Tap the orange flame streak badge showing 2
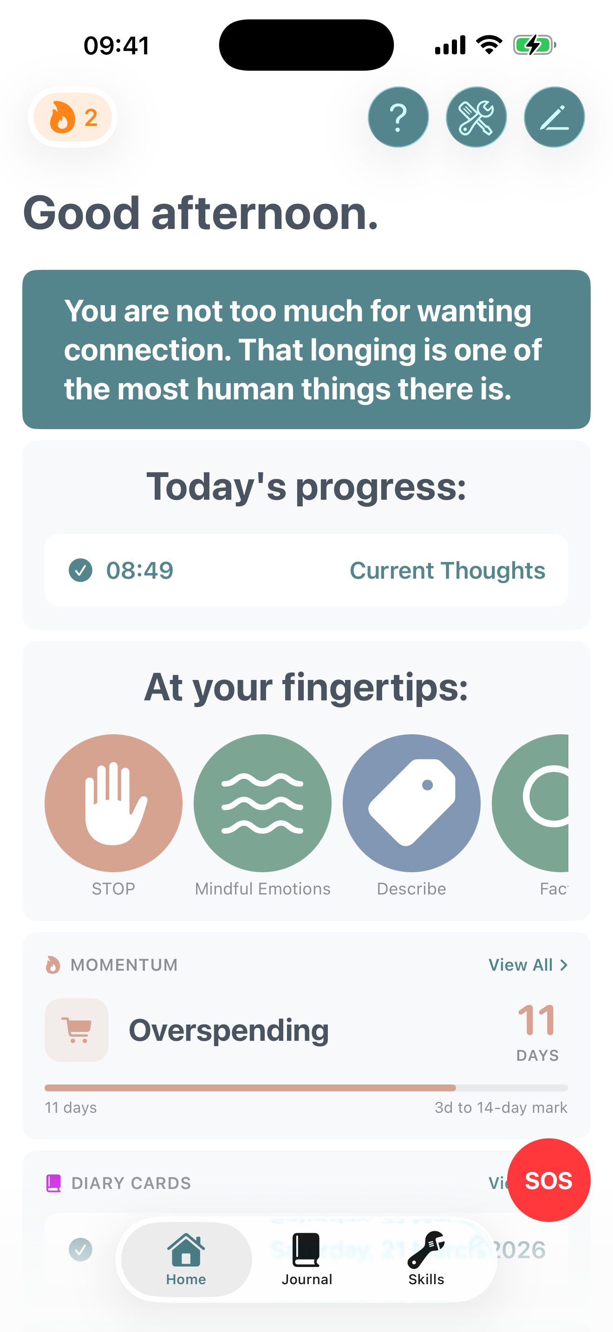point(73,118)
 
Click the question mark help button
point(398,118)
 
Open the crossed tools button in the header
point(476,118)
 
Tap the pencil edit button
point(554,118)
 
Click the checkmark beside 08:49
point(81,570)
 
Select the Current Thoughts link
point(447,570)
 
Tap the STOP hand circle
point(113,803)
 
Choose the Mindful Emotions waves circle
point(262,803)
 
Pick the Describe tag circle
point(411,803)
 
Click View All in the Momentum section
point(527,965)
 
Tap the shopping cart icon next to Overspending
point(77,1030)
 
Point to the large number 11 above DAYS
point(536,1020)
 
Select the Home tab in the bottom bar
point(186,1259)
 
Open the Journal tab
point(306,1259)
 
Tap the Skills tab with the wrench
point(426,1259)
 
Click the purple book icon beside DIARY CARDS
point(53,1183)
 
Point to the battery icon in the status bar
point(534,45)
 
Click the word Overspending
point(228,1030)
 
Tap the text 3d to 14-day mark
point(500,1108)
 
